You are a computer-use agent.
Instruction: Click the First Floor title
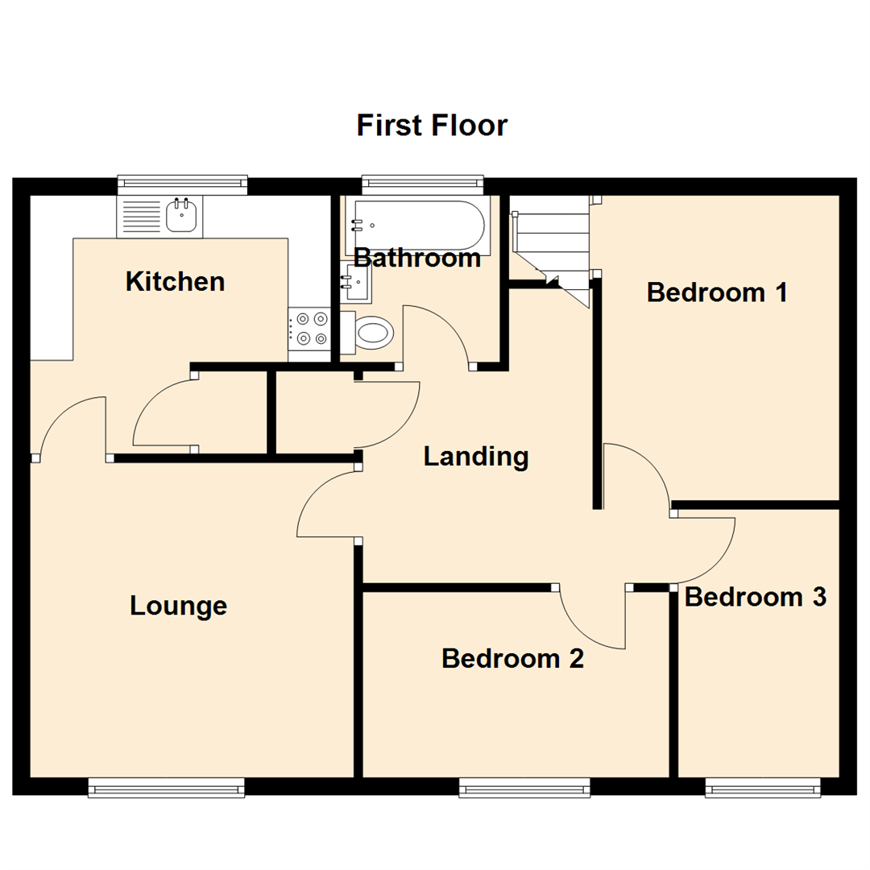tap(432, 126)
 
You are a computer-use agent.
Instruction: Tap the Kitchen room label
tap(175, 282)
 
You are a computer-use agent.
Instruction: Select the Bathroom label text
tap(417, 259)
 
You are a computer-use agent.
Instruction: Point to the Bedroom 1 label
tap(717, 292)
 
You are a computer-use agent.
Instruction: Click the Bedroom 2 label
tap(512, 659)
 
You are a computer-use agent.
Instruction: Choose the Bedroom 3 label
tap(756, 597)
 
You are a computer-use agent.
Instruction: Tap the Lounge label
tap(178, 606)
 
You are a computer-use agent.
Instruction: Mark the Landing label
tap(476, 457)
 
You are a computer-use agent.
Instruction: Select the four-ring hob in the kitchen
tap(309, 328)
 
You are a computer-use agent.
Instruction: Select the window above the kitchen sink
tap(182, 185)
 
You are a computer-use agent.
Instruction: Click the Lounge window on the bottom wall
tap(166, 787)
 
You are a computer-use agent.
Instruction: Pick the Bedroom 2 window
tap(524, 787)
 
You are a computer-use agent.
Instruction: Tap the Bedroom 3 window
tap(763, 787)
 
